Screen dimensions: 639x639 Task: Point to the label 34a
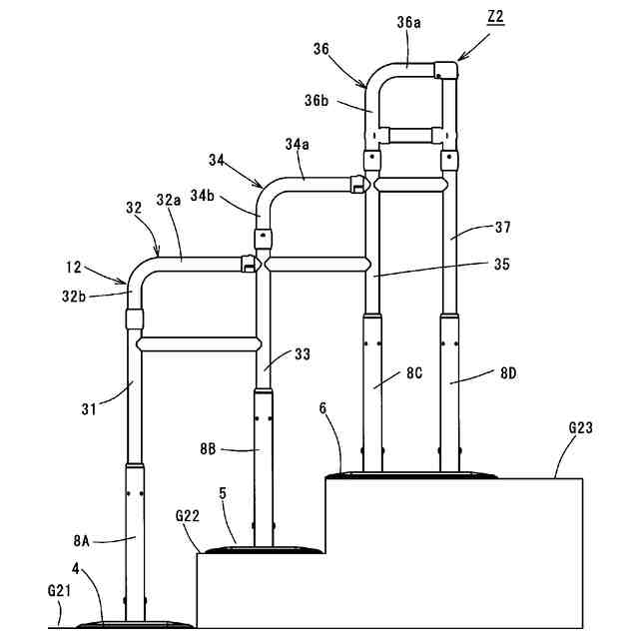[x=296, y=145]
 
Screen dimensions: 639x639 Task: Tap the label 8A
[x=84, y=541]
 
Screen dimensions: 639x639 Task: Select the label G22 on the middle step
[x=189, y=516]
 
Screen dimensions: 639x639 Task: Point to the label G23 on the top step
[x=582, y=428]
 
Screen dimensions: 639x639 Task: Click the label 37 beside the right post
[x=501, y=228]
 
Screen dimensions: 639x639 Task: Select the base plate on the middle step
[x=262, y=549]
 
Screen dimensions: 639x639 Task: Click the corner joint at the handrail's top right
[x=445, y=71]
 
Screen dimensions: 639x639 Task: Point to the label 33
[x=304, y=354]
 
